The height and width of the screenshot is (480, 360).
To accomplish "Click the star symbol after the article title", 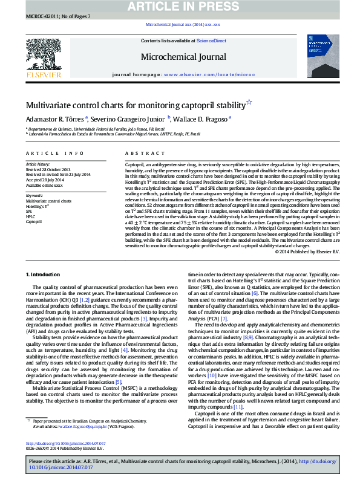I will coord(232,103).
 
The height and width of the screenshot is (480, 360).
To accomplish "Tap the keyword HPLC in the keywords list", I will coord(30,216).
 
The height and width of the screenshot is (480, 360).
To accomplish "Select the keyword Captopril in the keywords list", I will coord(33,221).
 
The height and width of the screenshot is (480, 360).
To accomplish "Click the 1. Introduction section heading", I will coord(45,274).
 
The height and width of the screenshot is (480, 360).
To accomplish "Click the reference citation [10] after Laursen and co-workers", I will coord(212,375).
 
